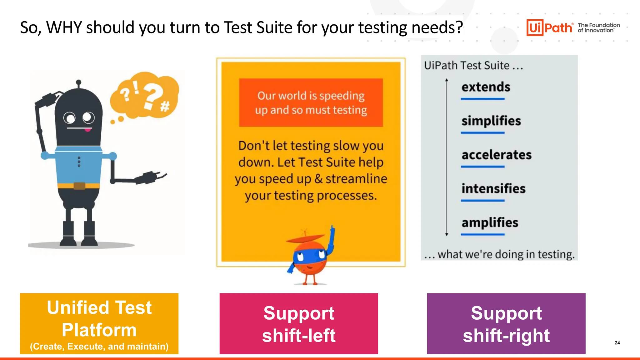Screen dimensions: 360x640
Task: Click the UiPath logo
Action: (x=550, y=27)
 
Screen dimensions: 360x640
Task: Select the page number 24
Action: (x=617, y=343)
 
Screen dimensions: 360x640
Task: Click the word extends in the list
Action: (x=486, y=87)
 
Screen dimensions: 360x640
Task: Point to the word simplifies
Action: (x=491, y=121)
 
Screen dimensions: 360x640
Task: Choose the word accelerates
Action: (x=496, y=155)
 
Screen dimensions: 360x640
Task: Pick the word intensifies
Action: (x=493, y=189)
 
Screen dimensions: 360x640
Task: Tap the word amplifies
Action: (x=490, y=223)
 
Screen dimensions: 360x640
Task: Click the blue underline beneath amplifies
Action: (x=482, y=234)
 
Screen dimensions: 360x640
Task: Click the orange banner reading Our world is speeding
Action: (x=311, y=102)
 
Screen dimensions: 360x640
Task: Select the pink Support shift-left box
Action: (x=299, y=323)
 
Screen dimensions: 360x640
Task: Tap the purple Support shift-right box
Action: (x=506, y=323)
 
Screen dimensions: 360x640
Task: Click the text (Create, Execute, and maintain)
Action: (x=99, y=347)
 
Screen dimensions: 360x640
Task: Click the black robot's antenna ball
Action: (x=79, y=82)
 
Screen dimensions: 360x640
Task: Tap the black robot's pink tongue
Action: (x=88, y=130)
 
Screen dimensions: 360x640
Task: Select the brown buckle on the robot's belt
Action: (x=79, y=186)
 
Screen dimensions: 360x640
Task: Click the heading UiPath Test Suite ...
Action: (x=467, y=66)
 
